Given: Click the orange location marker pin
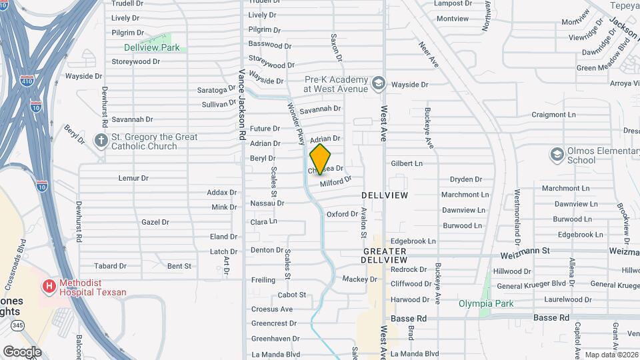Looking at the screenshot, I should pos(321,159).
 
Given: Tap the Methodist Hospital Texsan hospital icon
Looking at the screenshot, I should pos(49,287).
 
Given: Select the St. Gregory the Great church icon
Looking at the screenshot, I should pos(101,141).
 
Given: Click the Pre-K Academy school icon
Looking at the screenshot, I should pos(379,83).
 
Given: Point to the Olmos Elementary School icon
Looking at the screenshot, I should pos(557,155).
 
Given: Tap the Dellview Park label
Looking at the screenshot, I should pos(151,48).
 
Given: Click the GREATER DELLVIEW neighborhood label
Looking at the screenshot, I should pos(385,255).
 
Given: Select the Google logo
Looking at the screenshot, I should pos(22,351).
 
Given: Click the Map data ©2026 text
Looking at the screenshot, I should pos(611,355).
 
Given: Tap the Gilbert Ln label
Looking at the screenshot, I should pos(407,163).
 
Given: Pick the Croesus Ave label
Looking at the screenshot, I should pos(272,309).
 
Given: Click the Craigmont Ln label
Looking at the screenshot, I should pos(553,115).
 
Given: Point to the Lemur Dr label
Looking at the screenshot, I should pos(133,178).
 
